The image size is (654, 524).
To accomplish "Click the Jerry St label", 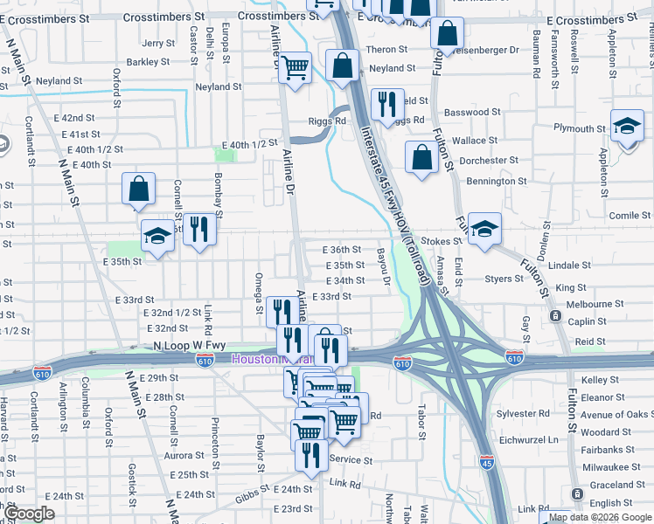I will (158, 43).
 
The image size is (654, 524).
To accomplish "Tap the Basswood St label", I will (472, 112).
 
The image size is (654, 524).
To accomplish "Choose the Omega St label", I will (259, 292).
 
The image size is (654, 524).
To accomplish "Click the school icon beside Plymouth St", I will (627, 128).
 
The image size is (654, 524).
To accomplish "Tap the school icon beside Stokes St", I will (484, 230).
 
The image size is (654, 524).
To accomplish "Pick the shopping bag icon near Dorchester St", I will (421, 158).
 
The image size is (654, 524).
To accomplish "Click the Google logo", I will (29, 514).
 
